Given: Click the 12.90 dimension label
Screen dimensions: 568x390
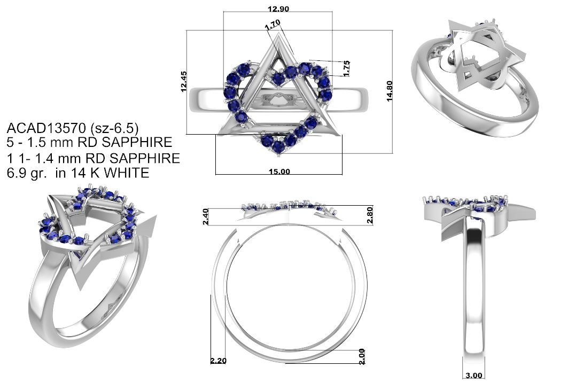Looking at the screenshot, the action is (x=278, y=9).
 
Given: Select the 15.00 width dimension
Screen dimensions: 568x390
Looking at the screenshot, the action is (x=279, y=171).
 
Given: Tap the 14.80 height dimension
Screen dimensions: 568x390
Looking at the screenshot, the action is (x=390, y=91).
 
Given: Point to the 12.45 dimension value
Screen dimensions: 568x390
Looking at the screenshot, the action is (x=184, y=82).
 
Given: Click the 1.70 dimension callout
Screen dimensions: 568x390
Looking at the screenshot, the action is (x=273, y=25).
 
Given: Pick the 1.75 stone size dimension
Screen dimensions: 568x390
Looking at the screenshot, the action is (x=346, y=68).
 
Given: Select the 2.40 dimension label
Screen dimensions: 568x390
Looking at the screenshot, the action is (x=205, y=216).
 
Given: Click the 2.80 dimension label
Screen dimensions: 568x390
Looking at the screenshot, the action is (x=370, y=215).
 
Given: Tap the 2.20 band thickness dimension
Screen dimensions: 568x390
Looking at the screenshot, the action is (x=219, y=361).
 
